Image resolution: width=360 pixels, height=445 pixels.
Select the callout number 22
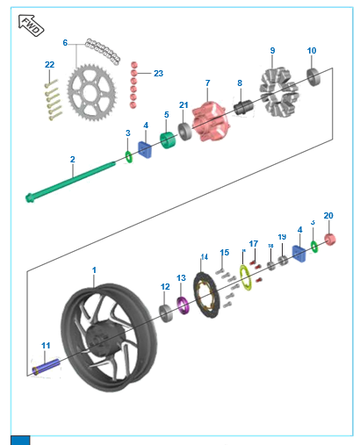click(x=50, y=65)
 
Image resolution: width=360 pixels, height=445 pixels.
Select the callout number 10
click(x=312, y=51)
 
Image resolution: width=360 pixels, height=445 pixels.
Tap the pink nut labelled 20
click(x=333, y=240)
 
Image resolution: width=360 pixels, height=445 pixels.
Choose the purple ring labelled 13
click(x=184, y=305)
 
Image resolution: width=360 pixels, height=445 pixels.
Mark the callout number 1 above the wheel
click(x=95, y=270)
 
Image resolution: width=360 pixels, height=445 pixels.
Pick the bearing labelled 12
click(x=165, y=312)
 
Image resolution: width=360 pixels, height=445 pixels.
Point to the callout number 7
click(x=207, y=83)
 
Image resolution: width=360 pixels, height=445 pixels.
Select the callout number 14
click(x=204, y=257)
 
